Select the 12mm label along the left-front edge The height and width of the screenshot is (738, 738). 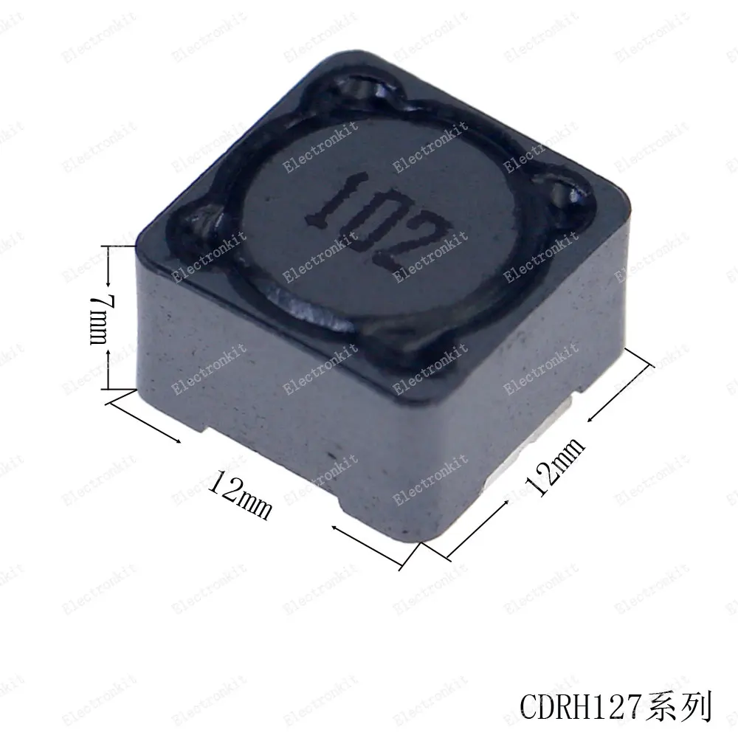click(240, 494)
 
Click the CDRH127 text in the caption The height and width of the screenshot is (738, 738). click(582, 706)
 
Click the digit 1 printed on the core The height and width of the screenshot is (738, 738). click(336, 198)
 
